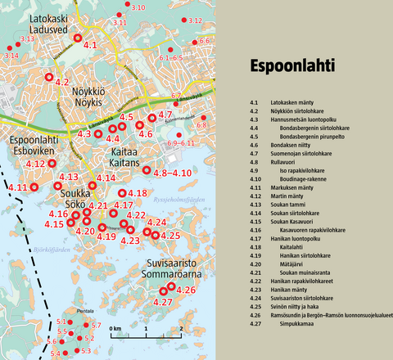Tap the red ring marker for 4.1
click(78, 38)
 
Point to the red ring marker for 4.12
click(52, 164)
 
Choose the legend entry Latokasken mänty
click(289, 101)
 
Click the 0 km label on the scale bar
click(115, 328)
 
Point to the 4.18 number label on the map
click(138, 192)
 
